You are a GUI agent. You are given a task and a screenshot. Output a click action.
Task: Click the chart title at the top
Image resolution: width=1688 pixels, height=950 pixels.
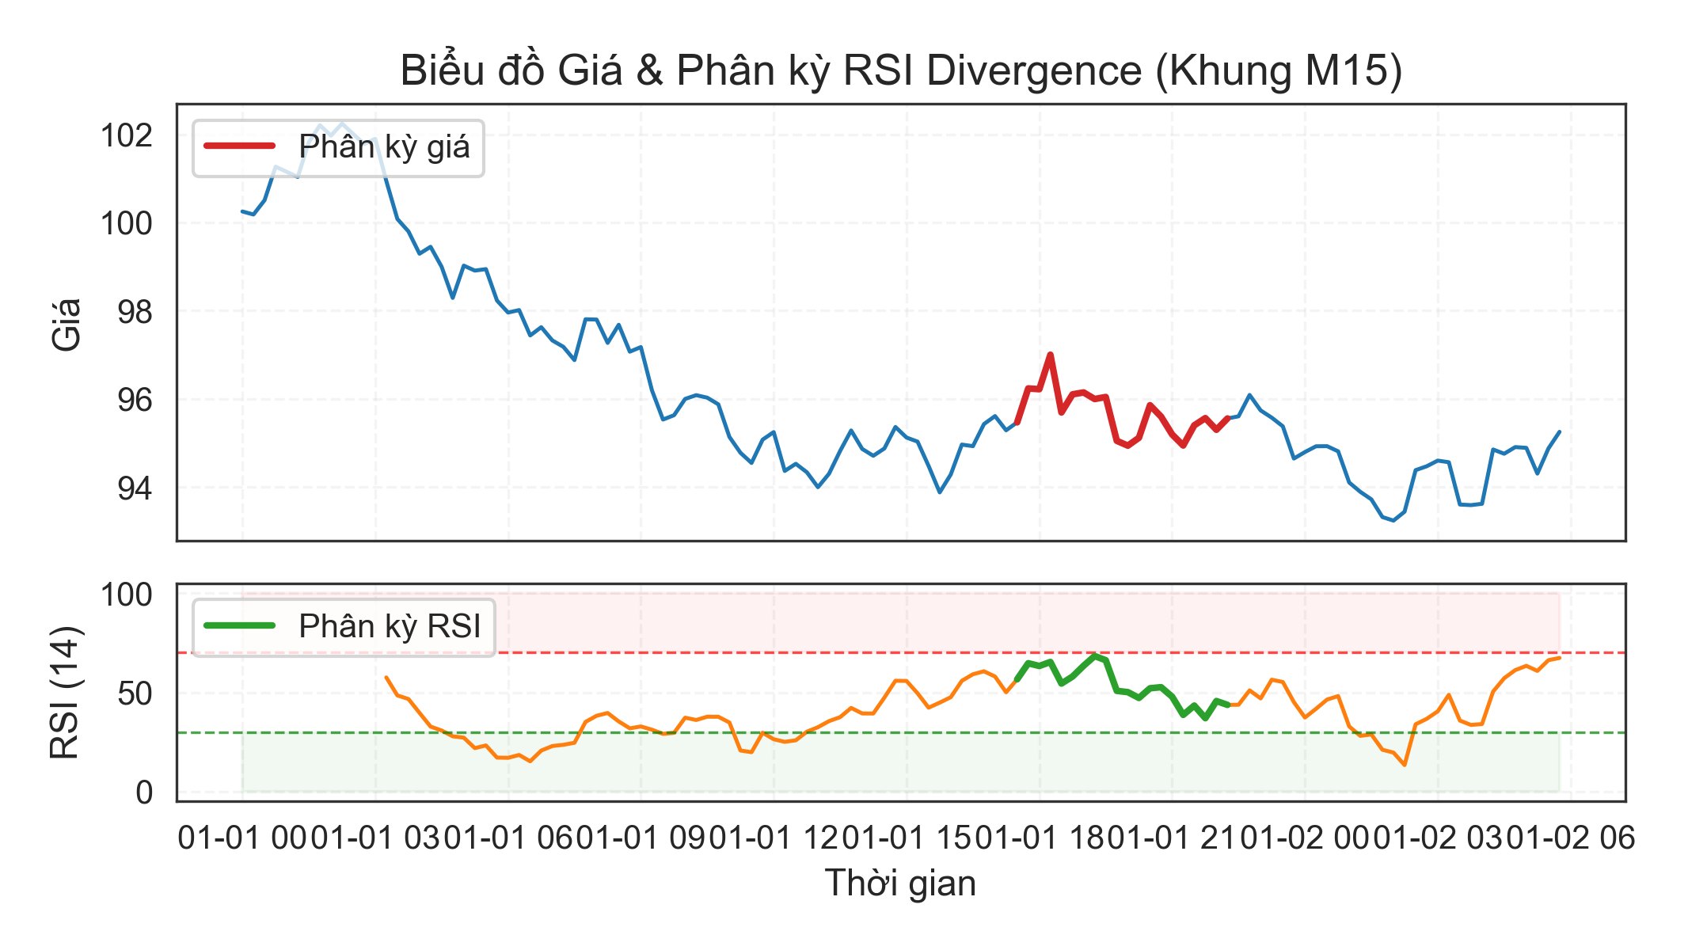(x=901, y=70)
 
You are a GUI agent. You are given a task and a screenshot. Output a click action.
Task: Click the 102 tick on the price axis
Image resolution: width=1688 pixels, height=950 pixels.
(x=126, y=135)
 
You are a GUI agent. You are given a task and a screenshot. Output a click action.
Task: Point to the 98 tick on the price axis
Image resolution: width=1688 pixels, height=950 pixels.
(x=134, y=312)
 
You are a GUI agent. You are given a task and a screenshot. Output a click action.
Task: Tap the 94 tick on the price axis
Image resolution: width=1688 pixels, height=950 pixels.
(x=134, y=488)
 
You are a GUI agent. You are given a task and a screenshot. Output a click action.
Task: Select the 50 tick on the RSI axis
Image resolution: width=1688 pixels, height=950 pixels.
(x=134, y=693)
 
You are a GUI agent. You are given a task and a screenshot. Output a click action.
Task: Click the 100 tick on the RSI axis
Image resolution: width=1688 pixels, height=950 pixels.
(x=126, y=595)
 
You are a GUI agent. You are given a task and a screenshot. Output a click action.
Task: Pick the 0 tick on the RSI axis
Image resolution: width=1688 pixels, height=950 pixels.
(x=143, y=792)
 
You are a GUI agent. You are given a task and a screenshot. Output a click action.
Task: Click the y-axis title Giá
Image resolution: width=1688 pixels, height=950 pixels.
(x=67, y=324)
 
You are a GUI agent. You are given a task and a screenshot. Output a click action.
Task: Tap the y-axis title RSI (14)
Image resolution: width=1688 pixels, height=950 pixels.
(x=65, y=693)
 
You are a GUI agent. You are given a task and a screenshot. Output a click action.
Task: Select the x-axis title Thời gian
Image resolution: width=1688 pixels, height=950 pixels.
(x=900, y=883)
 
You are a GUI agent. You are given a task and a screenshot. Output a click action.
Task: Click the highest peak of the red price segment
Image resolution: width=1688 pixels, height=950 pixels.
(x=1050, y=355)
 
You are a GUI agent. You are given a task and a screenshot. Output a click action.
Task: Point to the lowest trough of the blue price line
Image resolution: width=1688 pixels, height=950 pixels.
(x=1393, y=520)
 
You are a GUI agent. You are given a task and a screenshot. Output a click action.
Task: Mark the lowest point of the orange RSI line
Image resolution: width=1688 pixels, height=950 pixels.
(x=1405, y=765)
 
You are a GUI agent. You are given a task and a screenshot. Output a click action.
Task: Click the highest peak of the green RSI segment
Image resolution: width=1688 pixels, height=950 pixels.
(x=1095, y=655)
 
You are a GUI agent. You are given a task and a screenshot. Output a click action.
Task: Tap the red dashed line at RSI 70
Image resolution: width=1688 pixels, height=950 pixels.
(x=871, y=653)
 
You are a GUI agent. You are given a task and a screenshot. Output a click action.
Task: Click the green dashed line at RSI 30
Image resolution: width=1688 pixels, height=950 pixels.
(x=871, y=733)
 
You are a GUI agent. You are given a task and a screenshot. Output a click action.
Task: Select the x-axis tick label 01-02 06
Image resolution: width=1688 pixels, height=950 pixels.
(x=1572, y=838)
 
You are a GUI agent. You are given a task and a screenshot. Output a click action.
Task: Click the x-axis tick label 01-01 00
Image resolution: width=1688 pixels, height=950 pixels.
(x=242, y=838)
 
